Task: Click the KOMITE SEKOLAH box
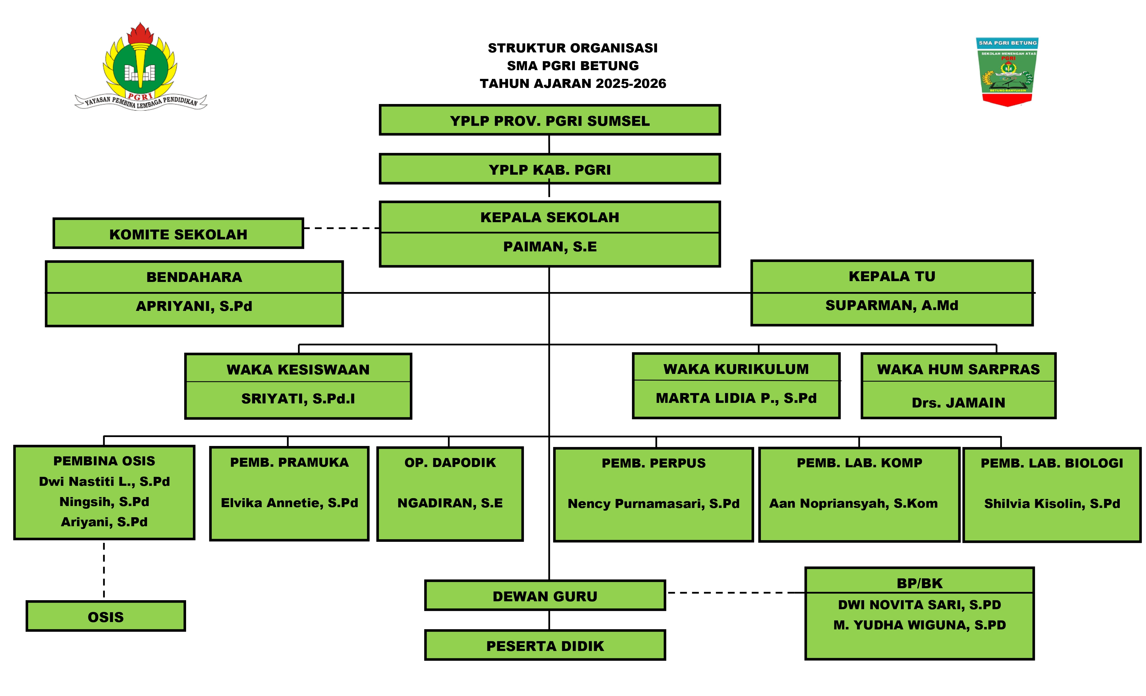[178, 234]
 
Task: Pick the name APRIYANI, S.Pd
[194, 306]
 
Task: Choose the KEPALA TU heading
[892, 276]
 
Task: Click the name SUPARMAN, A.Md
[892, 305]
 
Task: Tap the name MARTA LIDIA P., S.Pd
[736, 398]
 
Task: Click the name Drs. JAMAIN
[958, 402]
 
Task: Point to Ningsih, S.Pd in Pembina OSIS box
[104, 502]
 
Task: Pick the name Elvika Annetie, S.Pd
[289, 503]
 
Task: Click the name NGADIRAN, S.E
[450, 503]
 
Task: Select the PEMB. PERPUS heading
[653, 463]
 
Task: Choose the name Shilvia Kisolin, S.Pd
[1052, 503]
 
